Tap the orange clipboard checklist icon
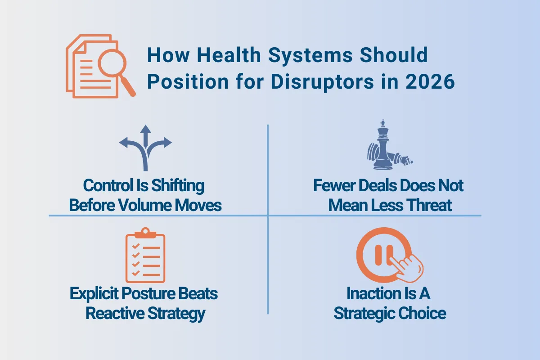click(x=145, y=255)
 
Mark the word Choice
click(x=422, y=314)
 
